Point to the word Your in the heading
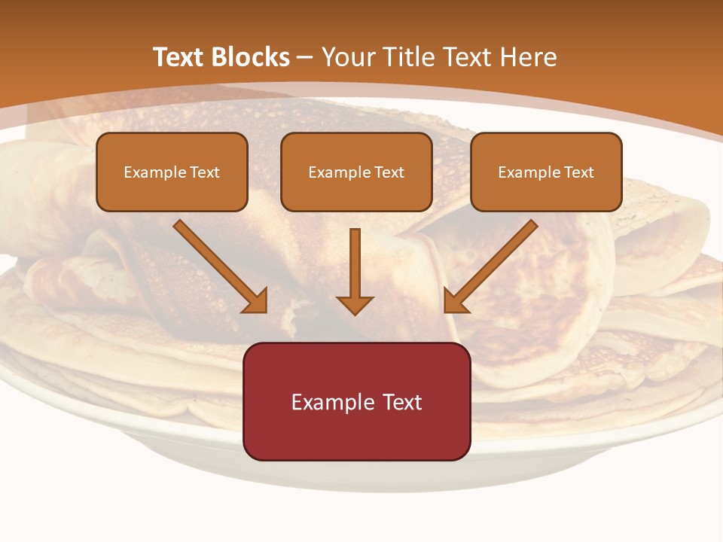[348, 57]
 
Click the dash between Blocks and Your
[305, 58]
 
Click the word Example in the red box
[328, 402]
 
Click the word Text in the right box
[578, 172]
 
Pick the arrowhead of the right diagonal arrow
[454, 301]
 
